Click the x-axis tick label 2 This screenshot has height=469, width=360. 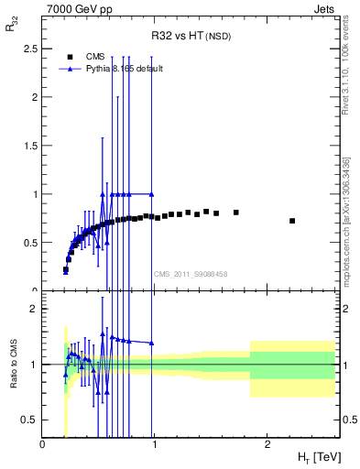(x=267, y=444)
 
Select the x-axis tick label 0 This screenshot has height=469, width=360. (x=43, y=444)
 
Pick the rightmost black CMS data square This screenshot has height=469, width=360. (x=292, y=221)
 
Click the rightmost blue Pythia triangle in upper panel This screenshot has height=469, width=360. (x=152, y=194)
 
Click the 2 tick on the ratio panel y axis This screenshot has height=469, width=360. (x=32, y=309)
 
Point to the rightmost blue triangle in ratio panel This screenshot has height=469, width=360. (x=152, y=344)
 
